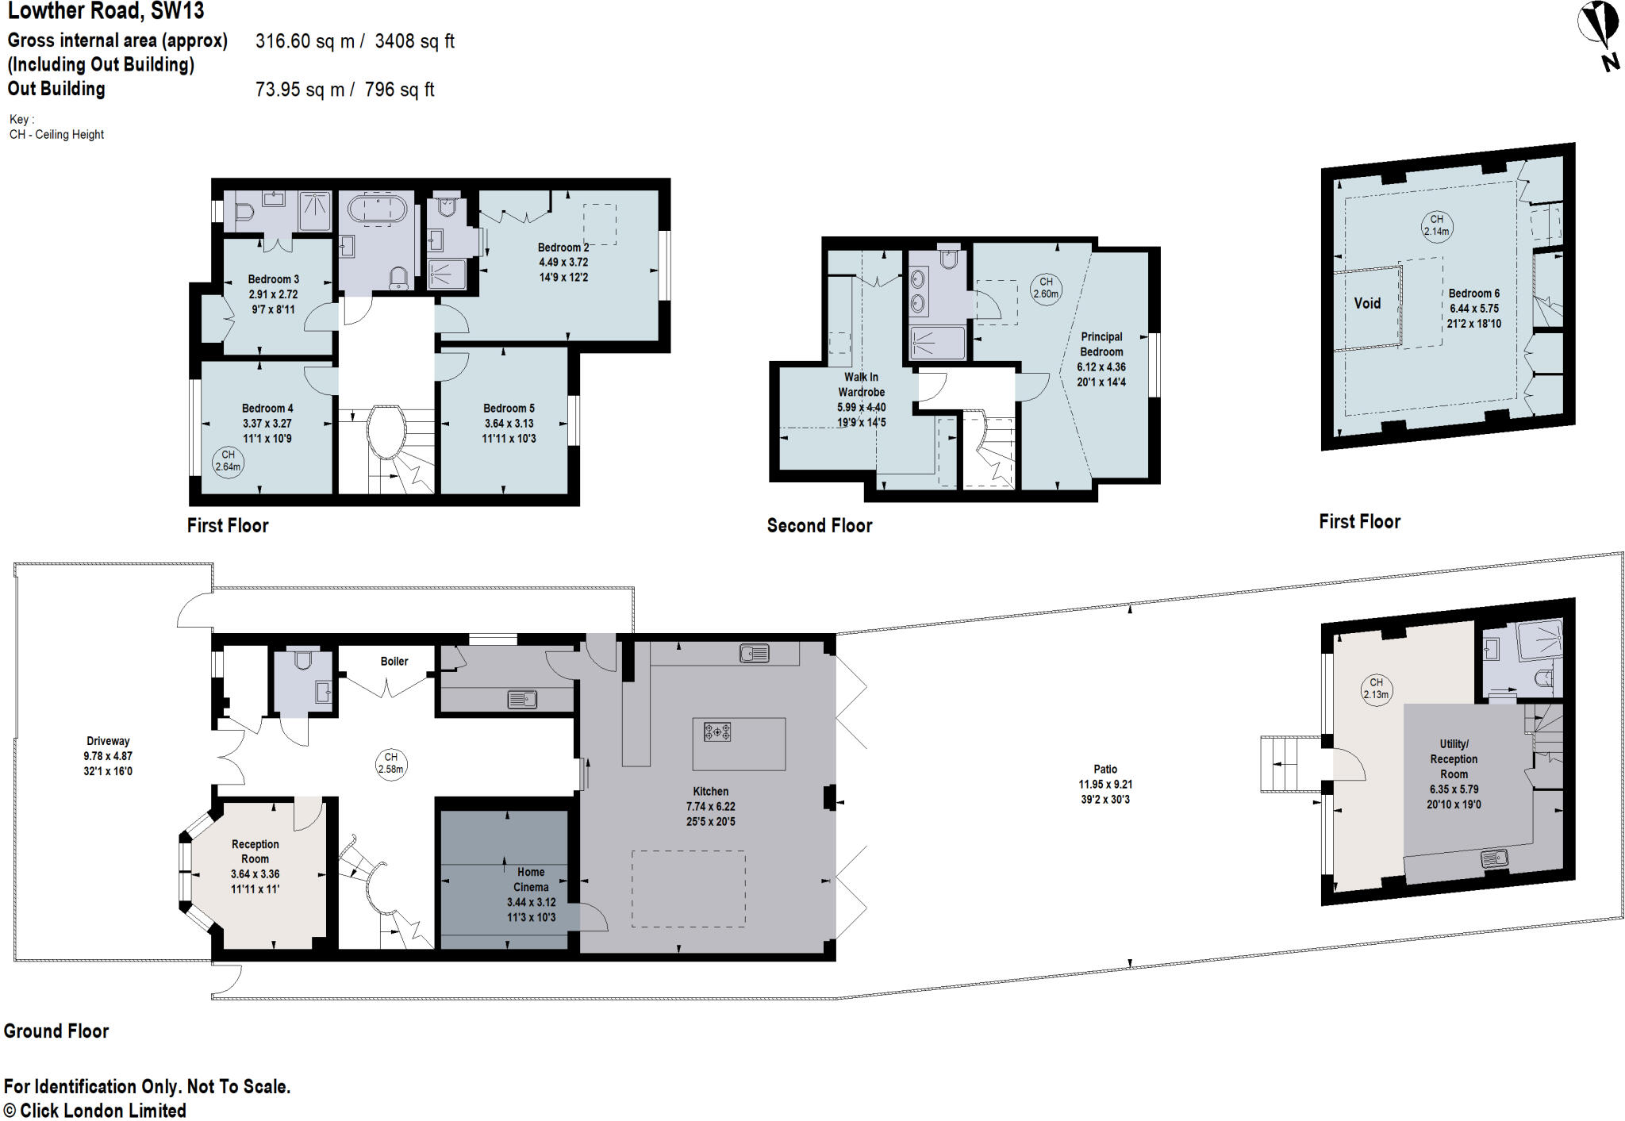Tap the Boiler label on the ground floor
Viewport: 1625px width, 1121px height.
click(x=394, y=661)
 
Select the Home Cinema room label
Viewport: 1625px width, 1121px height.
click(x=531, y=879)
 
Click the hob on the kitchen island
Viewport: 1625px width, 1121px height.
click(x=716, y=732)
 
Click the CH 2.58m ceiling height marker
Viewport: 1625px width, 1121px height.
click(x=390, y=762)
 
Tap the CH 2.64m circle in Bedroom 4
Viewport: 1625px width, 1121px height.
click(x=228, y=461)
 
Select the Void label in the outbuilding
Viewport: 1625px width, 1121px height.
click(x=1366, y=303)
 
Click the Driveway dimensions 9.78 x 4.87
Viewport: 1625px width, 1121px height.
click(x=108, y=756)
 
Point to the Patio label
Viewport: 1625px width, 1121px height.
click(x=1104, y=769)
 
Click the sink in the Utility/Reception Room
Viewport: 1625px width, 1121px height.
click(x=1494, y=858)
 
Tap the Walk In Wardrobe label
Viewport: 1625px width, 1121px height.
click(x=861, y=385)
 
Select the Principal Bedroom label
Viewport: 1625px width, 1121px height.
click(x=1101, y=344)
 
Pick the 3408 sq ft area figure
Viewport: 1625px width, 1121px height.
click(x=414, y=41)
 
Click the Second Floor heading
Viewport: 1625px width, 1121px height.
click(x=819, y=525)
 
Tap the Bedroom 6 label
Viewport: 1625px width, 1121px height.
click(x=1473, y=293)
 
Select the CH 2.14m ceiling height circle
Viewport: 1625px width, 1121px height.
click(x=1436, y=225)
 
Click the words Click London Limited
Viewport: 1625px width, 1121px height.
click(x=102, y=1110)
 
